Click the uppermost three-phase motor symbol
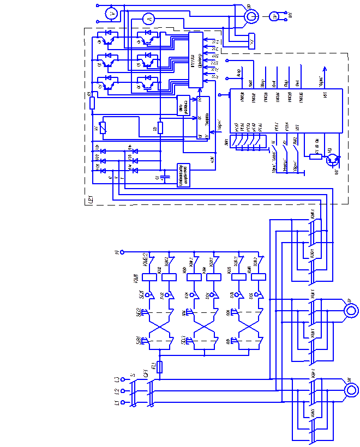pos(251,16)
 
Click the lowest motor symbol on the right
pos(351,390)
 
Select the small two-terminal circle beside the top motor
pos(274,17)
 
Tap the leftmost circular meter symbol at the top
pos(111,13)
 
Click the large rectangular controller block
pos(286,111)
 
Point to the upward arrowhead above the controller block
pos(325,69)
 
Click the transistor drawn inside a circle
pos(332,159)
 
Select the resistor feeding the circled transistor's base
pos(316,157)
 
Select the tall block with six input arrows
pos(196,59)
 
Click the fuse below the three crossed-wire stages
pos(159,367)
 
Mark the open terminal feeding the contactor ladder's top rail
pos(122,252)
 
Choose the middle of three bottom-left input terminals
pos(122,391)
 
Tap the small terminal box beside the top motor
pos(251,41)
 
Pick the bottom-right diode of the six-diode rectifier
pos(135,171)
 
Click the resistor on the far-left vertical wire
pos(92,103)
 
